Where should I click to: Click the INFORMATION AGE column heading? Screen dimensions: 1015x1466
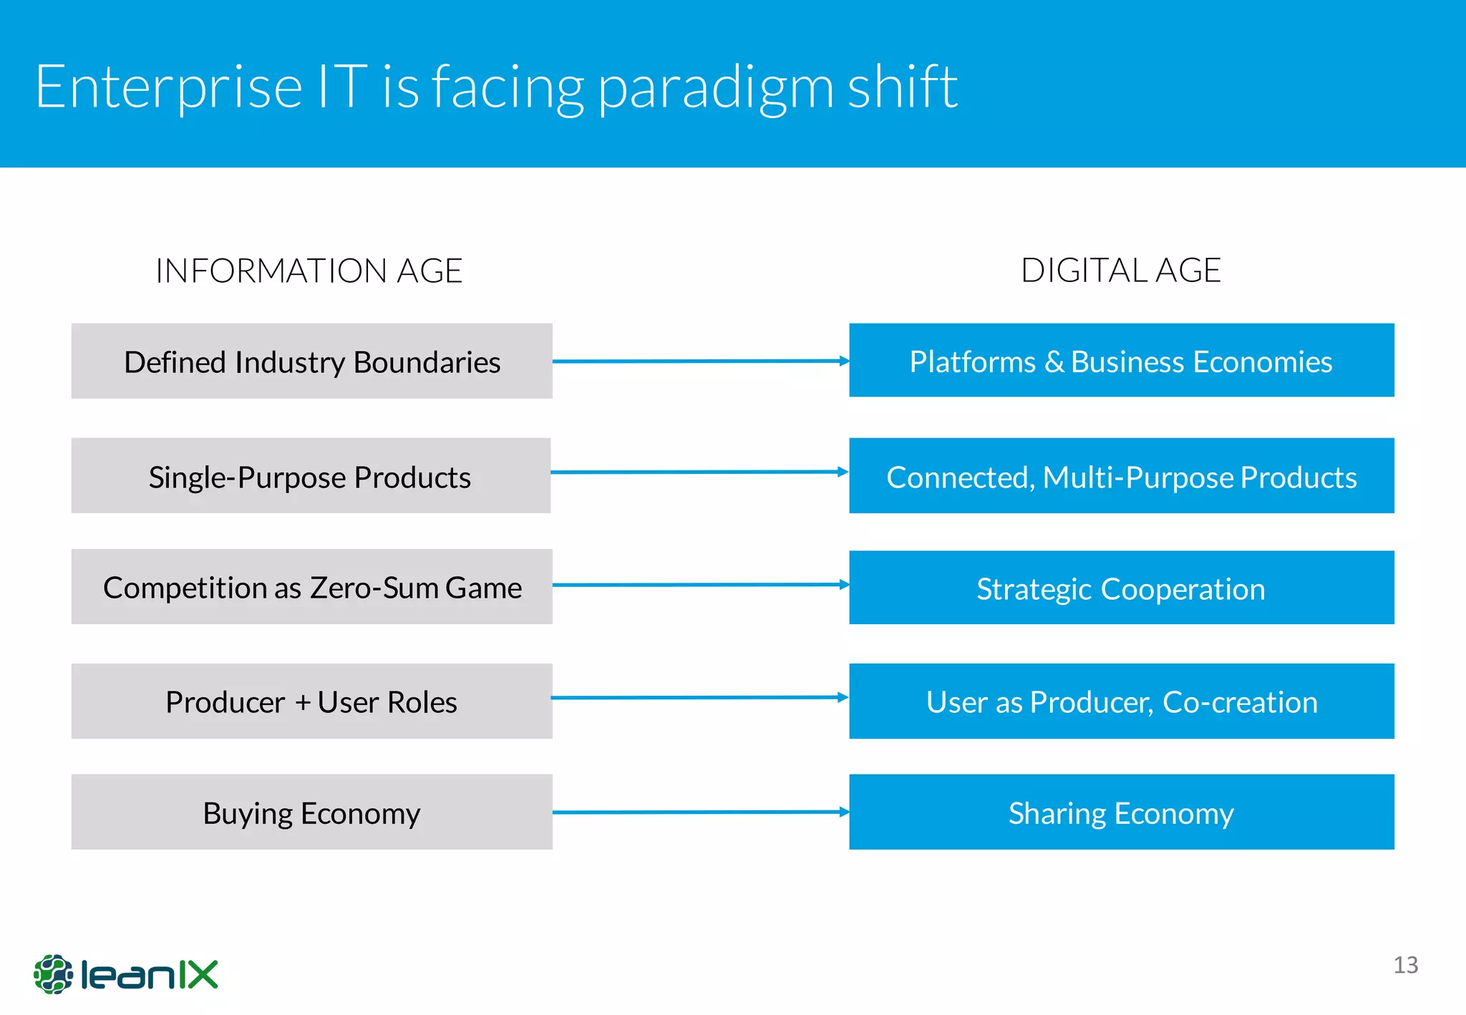309,271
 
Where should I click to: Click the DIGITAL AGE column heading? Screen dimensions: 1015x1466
1120,271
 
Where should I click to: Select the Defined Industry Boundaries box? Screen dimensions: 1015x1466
311,361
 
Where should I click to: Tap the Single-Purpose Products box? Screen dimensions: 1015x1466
311,476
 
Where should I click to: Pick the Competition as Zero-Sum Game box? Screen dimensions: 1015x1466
311,587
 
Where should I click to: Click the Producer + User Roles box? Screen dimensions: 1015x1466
311,701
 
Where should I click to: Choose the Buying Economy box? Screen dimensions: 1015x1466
311,812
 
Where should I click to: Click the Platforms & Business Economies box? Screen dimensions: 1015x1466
1121,360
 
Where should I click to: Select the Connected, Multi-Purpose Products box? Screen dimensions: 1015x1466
1121,476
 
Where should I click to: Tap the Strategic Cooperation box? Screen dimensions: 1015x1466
1121,588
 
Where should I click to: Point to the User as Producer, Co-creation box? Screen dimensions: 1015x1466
1121,701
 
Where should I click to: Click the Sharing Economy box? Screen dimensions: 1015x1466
1121,812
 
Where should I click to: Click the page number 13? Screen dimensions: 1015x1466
1405,965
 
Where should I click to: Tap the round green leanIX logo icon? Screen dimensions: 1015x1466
53,974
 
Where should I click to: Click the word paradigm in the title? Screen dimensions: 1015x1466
716,87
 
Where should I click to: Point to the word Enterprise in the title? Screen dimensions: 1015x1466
169,87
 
